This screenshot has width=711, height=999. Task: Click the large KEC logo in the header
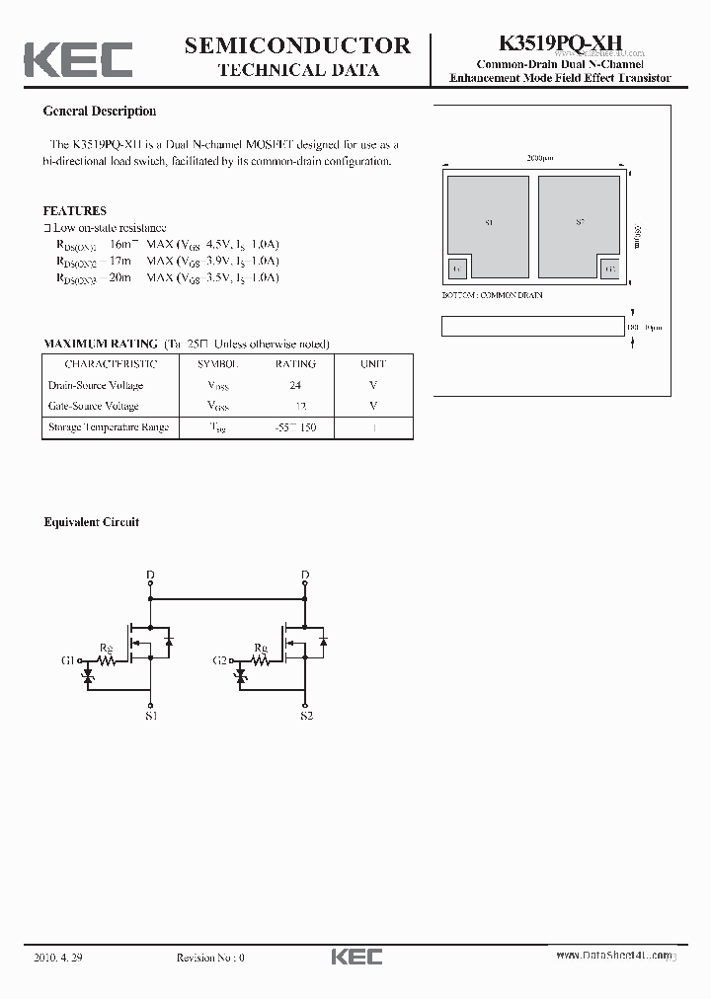(x=78, y=59)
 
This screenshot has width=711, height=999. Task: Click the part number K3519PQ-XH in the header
(x=560, y=43)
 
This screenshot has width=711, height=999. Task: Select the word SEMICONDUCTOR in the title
(x=297, y=44)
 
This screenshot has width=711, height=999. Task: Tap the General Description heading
(x=100, y=112)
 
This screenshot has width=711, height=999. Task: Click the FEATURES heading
(x=75, y=210)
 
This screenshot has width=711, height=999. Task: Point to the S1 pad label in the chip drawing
(x=491, y=223)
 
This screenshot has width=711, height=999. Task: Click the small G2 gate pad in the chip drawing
(x=609, y=269)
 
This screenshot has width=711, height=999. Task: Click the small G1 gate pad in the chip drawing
(x=457, y=269)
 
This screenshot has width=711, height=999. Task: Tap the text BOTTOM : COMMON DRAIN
(x=491, y=295)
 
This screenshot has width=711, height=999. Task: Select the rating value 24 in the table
(x=295, y=385)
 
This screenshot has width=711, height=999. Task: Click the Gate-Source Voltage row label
(x=94, y=406)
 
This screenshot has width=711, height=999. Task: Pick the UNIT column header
(x=373, y=364)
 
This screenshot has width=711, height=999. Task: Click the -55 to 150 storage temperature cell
(x=295, y=427)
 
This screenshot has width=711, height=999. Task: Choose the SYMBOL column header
(x=218, y=364)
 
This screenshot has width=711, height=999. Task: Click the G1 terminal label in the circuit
(x=68, y=659)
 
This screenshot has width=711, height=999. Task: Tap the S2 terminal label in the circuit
(x=306, y=716)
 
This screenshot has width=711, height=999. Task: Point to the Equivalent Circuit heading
(x=92, y=522)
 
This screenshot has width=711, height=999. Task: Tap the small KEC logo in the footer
(x=355, y=957)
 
